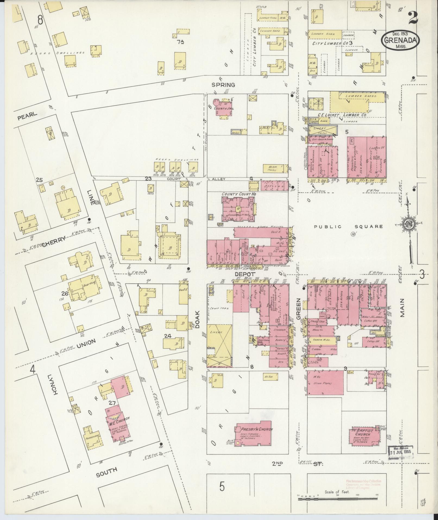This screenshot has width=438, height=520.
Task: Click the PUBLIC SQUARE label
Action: [348, 226]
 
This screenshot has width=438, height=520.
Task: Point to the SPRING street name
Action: [223, 85]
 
